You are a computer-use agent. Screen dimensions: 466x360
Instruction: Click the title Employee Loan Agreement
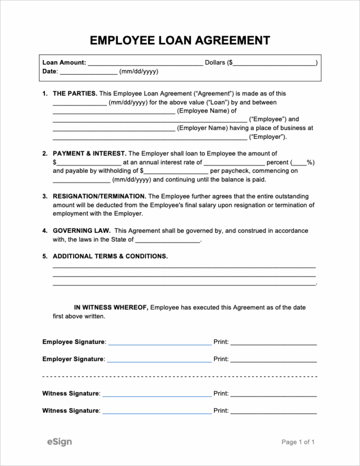180,40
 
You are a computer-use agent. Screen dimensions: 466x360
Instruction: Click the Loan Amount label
64,63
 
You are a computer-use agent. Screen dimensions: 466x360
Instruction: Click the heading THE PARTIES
75,94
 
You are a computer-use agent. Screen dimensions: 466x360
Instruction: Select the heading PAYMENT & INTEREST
89,154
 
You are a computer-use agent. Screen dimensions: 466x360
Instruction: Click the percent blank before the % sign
299,163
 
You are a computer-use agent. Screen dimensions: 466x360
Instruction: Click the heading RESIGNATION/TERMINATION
99,197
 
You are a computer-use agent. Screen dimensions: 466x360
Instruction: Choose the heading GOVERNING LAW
81,231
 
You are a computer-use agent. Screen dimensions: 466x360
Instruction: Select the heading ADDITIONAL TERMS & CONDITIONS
110,256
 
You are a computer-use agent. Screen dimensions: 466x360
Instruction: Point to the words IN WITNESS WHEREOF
111,308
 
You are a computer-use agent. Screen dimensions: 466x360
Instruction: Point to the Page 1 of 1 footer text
298,443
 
